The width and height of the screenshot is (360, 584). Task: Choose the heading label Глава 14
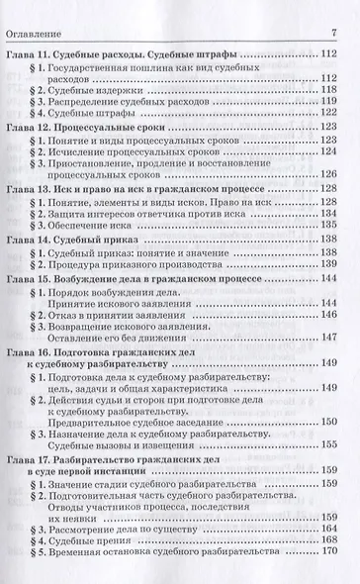click(x=30, y=240)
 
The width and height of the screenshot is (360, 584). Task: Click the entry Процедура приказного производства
click(x=129, y=267)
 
